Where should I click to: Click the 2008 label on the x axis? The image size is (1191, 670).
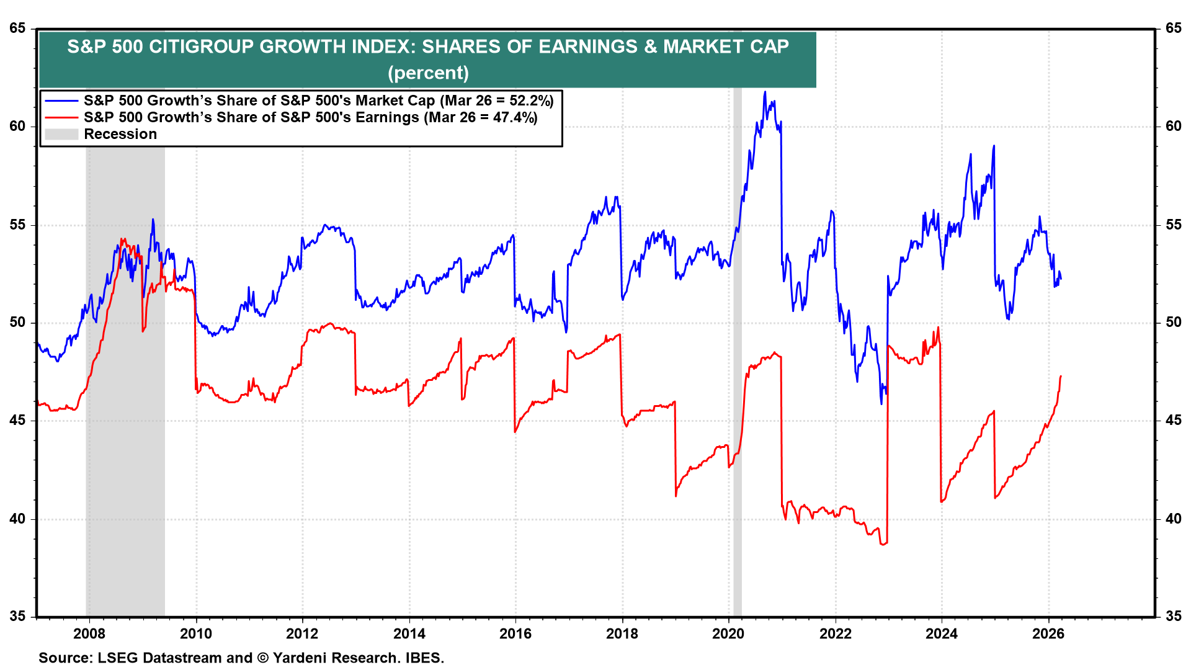point(89,633)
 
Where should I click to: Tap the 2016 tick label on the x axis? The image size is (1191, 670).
point(515,633)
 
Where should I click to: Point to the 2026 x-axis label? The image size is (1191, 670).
point(1048,633)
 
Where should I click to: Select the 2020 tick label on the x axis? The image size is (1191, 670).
point(728,633)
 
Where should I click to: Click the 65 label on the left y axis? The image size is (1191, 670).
point(17,29)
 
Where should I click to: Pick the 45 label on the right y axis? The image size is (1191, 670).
point(1173,421)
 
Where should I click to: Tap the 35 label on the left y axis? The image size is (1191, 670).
point(17,617)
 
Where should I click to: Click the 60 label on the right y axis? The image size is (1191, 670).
point(1173,127)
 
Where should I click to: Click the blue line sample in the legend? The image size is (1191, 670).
point(62,101)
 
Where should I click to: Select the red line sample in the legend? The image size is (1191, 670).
point(62,118)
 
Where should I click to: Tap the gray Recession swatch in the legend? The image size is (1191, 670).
point(62,134)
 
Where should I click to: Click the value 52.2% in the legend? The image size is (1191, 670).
point(530,101)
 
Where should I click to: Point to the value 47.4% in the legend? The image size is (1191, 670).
point(514,118)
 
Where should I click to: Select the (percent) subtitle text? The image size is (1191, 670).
point(428,73)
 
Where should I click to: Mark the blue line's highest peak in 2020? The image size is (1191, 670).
point(765,92)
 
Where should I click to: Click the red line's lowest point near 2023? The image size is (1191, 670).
point(882,545)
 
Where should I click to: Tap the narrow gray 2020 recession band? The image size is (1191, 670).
point(737,372)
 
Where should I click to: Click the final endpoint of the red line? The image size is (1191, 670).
point(1061,376)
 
